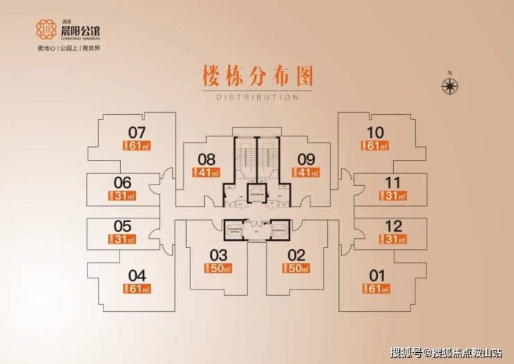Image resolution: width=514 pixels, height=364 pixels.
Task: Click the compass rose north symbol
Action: (x=451, y=84)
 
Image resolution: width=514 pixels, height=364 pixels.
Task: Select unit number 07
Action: (x=137, y=132)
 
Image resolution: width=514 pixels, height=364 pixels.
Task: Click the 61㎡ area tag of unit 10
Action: (x=375, y=145)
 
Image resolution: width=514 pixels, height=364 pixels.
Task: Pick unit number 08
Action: (x=206, y=159)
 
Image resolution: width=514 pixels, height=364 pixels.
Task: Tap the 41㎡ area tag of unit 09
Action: (x=306, y=172)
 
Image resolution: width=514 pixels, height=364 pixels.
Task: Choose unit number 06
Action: (x=122, y=183)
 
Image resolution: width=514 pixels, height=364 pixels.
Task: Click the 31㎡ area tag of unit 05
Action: (x=122, y=239)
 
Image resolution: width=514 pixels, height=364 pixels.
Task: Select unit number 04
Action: (x=137, y=276)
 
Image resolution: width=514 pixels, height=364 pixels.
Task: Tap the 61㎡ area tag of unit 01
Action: (x=375, y=289)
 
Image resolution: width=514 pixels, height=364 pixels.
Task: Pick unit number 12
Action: (x=393, y=226)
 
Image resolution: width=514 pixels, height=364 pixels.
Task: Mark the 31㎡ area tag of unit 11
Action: (x=393, y=196)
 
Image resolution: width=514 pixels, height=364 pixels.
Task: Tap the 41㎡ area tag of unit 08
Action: (x=206, y=172)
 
